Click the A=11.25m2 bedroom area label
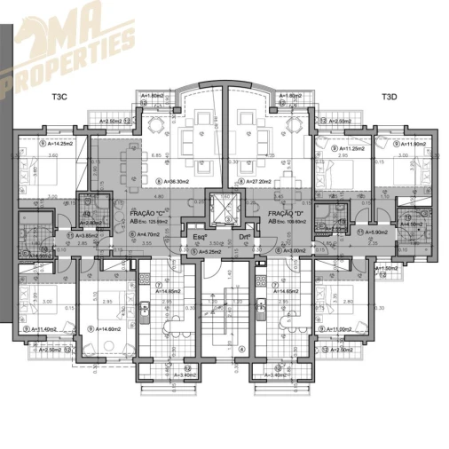[342, 147]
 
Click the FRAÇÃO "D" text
[287, 214]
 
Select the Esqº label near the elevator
[200, 237]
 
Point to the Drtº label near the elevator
[244, 237]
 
